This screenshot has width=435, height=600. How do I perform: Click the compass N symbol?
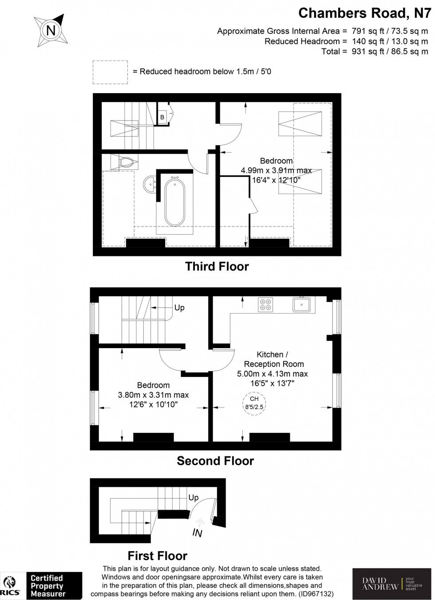(x=51, y=31)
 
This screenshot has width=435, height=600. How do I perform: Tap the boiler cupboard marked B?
(x=162, y=117)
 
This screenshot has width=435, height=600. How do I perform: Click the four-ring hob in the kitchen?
(x=265, y=305)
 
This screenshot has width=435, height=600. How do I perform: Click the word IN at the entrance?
(x=197, y=533)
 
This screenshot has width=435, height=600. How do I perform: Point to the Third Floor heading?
(x=217, y=266)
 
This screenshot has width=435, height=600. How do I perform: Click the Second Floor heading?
(x=215, y=461)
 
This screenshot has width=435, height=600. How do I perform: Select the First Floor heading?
(x=158, y=556)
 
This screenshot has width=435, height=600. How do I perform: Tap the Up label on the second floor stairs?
(x=179, y=308)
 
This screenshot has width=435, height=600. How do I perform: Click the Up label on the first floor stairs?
(x=194, y=498)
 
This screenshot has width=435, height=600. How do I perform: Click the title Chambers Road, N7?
(x=364, y=13)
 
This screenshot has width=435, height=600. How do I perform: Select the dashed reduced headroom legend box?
(x=110, y=72)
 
